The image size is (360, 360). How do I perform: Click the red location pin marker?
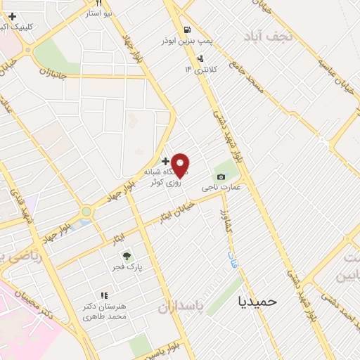181,164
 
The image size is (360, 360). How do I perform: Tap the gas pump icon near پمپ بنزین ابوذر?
187,30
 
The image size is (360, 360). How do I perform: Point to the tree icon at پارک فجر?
127,256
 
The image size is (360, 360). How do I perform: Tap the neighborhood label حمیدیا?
258,300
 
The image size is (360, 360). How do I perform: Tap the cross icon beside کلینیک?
12,16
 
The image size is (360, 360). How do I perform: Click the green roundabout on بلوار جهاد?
86,211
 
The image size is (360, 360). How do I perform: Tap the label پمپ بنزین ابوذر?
166,40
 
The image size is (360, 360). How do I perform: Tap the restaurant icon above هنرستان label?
104,295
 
